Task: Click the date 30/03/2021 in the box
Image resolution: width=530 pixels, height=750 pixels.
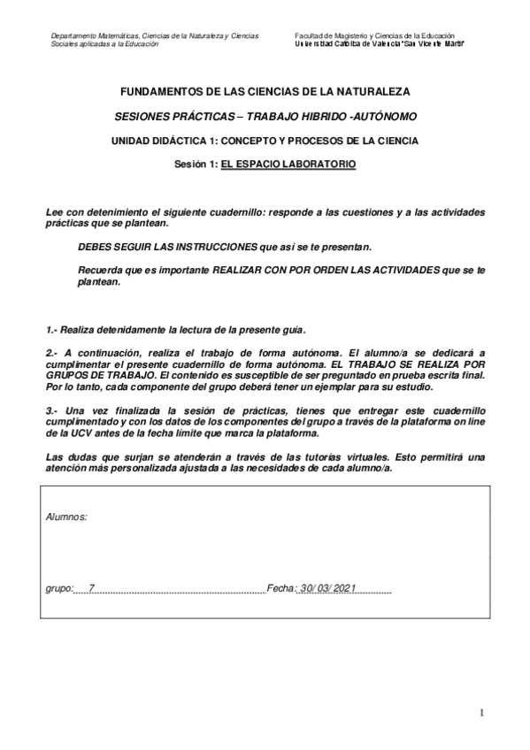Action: [326, 588]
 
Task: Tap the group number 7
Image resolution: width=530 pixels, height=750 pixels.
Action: [91, 588]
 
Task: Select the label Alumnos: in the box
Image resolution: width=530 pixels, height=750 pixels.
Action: [66, 515]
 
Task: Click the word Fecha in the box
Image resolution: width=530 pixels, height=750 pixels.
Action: [280, 588]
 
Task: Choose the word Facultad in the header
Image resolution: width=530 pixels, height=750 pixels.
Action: [311, 36]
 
